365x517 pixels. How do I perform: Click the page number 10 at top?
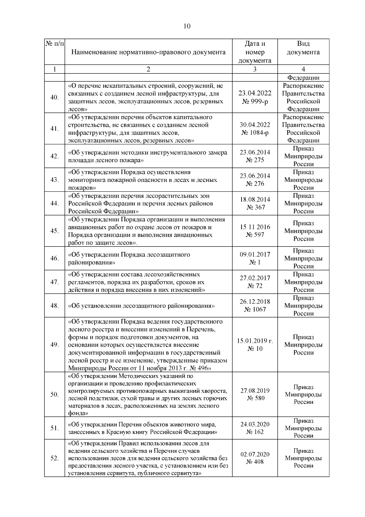tap(187, 26)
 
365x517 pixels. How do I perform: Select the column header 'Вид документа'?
tap(303, 48)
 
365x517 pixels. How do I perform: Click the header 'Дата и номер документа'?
tap(255, 52)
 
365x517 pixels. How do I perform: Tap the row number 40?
tap(54, 98)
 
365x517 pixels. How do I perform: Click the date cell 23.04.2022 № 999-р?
tap(255, 97)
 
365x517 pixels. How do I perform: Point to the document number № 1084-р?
tap(255, 133)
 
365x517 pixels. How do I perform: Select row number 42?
tap(54, 156)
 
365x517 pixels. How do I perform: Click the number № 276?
tap(255, 184)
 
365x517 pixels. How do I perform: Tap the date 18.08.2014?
tap(255, 200)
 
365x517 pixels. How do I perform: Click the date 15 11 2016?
tap(255, 227)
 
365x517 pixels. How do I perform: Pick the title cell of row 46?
tap(129, 258)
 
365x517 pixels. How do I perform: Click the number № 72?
tap(255, 286)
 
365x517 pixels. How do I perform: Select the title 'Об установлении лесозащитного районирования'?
tap(141, 306)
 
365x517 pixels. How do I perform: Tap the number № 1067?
tap(255, 310)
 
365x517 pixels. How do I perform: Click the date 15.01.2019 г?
tap(255, 341)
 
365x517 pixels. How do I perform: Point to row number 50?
tap(54, 395)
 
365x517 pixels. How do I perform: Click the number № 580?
tap(255, 398)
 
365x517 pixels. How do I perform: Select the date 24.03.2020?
tap(255, 424)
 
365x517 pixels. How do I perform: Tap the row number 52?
tap(54, 458)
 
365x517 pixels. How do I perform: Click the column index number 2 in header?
tap(148, 69)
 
